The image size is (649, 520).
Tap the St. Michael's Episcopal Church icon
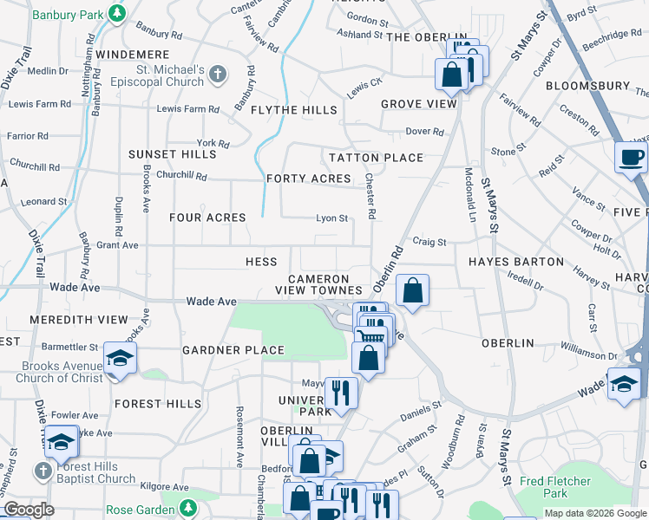tap(218, 75)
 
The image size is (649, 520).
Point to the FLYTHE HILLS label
tap(293, 110)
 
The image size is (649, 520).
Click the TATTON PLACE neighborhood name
tap(376, 158)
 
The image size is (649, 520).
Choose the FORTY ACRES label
tap(309, 179)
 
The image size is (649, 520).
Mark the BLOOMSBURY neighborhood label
tap(587, 86)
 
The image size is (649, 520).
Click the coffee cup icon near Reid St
tap(630, 158)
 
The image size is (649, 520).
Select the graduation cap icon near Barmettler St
tap(119, 359)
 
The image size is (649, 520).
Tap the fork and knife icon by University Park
tap(341, 393)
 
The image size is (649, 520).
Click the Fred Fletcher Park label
tap(555, 487)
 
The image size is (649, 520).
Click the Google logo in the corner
tap(29, 510)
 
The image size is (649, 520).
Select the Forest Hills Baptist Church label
tap(95, 472)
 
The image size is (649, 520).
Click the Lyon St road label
tap(331, 218)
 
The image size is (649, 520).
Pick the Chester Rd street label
tap(370, 195)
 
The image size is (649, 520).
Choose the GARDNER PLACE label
tap(233, 350)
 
